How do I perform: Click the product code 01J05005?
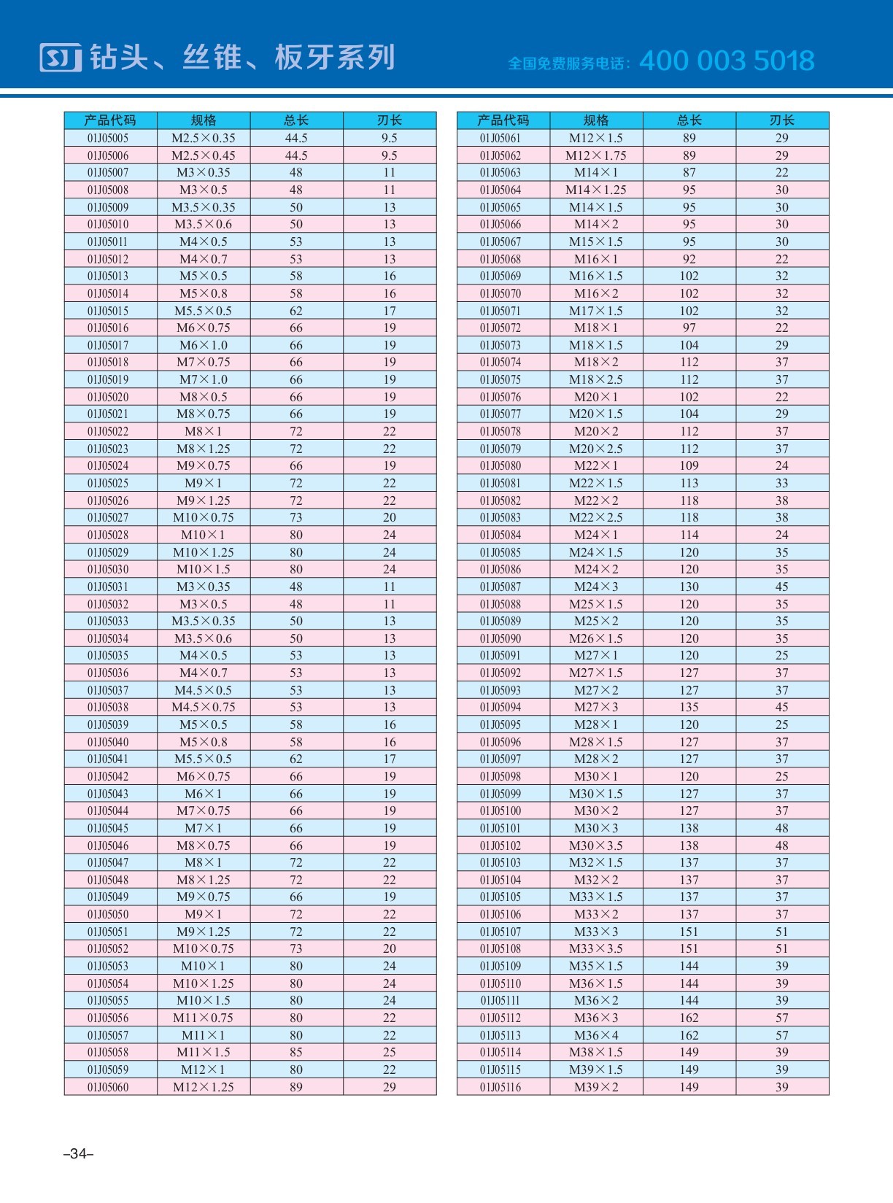tap(108, 138)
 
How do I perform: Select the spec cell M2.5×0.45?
tap(204, 155)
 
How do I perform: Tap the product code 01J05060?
tap(108, 1087)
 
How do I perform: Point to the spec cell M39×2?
tap(596, 1087)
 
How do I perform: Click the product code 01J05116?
tap(500, 1087)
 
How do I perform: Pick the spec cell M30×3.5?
tap(596, 846)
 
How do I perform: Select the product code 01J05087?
tap(500, 587)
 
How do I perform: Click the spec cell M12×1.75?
tap(596, 155)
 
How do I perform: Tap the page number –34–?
tap(78, 1153)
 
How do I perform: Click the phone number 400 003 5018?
tap(727, 61)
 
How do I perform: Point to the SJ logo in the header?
tap(61, 58)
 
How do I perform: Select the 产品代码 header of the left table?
tap(110, 120)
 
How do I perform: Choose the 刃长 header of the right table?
tap(782, 120)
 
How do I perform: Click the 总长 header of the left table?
tap(296, 120)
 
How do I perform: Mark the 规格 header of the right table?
tap(596, 120)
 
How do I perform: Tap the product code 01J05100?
tap(500, 811)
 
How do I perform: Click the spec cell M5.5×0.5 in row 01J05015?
tap(204, 311)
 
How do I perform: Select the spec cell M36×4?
tap(596, 1035)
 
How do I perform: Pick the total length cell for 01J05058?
tap(296, 1052)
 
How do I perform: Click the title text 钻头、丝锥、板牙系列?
tap(242, 58)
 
